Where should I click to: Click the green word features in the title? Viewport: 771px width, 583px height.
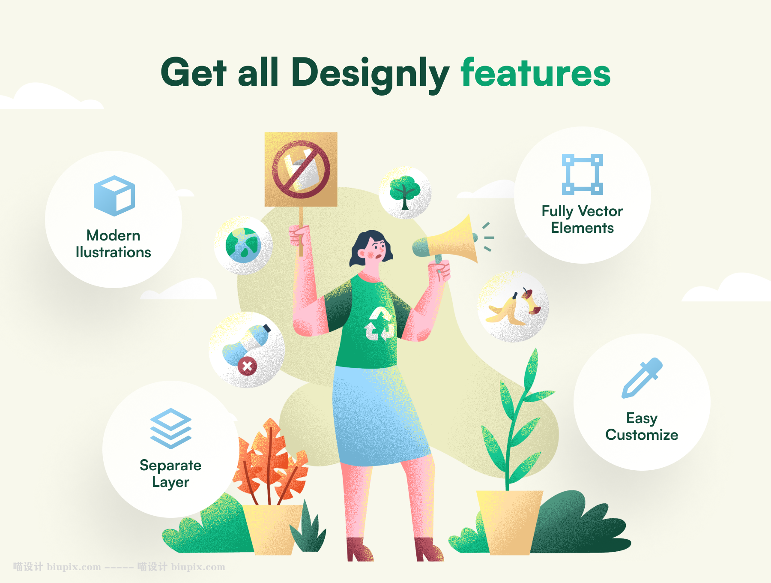(535, 73)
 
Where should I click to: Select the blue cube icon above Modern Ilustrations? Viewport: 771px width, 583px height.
(114, 195)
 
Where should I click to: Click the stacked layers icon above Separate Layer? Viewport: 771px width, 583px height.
(171, 428)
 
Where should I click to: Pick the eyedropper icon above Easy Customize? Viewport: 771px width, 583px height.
(642, 378)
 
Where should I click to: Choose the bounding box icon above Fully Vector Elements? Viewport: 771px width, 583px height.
(583, 174)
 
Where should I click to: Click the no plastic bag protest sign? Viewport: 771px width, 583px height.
(301, 170)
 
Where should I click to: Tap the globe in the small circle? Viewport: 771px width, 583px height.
(243, 245)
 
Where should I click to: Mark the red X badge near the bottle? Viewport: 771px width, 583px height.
(247, 367)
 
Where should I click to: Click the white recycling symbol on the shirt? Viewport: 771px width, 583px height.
(379, 324)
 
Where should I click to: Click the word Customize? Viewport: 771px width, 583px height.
(642, 435)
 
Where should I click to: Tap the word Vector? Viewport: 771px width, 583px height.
(601, 211)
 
